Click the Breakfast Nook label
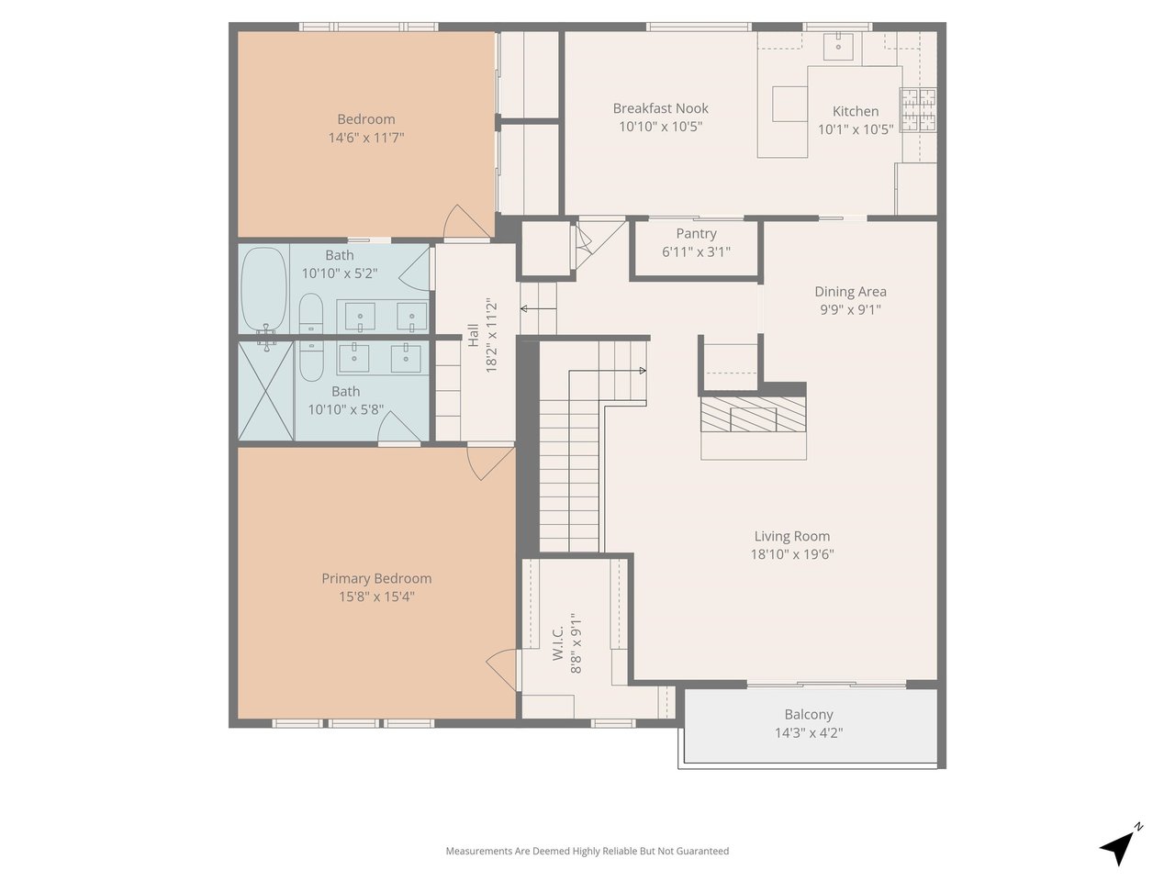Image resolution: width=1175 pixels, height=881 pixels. [x=660, y=108]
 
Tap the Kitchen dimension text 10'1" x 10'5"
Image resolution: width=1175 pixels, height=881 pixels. [x=856, y=129]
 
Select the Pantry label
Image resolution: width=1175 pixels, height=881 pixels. [x=696, y=234]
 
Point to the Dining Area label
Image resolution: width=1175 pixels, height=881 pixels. [x=850, y=292]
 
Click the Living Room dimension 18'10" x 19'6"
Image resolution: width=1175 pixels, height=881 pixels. [x=792, y=554]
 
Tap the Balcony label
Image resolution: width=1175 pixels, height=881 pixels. [x=809, y=715]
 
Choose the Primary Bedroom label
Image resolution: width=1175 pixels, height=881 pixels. [x=376, y=578]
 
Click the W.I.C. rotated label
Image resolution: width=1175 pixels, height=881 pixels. [x=558, y=643]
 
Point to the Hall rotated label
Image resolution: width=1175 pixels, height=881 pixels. [x=473, y=335]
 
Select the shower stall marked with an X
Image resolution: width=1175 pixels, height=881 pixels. [x=265, y=392]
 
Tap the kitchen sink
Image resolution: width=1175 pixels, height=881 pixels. [x=838, y=46]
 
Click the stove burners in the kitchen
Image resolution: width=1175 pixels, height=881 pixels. [x=918, y=109]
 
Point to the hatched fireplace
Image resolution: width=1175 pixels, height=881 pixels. [x=753, y=414]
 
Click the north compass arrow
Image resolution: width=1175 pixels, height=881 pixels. [x=1118, y=847]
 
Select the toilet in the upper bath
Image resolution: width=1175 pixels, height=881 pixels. [x=310, y=314]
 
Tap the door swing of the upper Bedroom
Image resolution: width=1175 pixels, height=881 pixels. [x=466, y=221]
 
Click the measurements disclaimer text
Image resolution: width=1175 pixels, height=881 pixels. [x=587, y=851]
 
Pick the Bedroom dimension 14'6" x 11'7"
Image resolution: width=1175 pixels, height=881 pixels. [x=366, y=138]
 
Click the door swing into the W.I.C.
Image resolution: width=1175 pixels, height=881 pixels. [x=502, y=670]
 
